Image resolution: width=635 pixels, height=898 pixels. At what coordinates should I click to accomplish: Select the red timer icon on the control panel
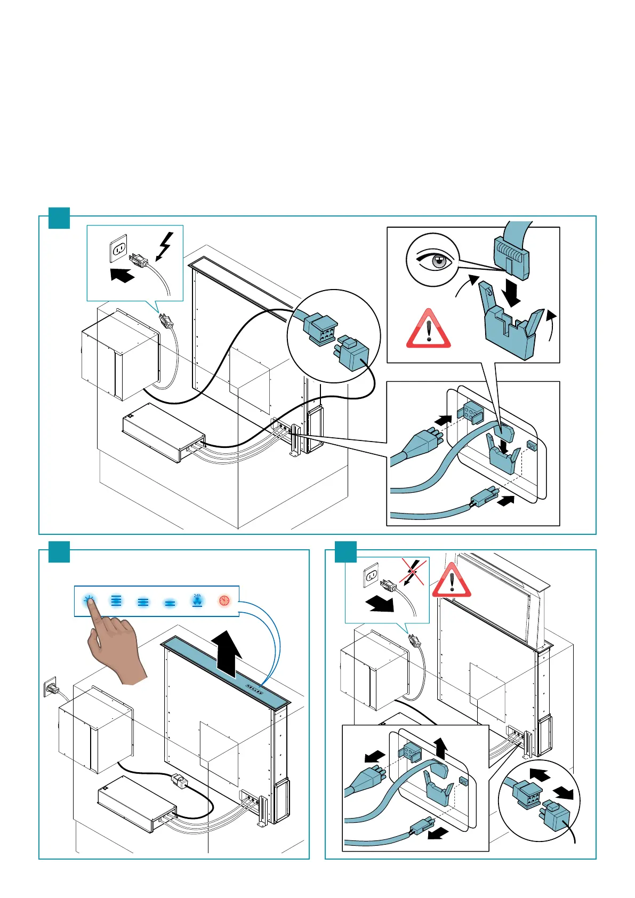click(224, 601)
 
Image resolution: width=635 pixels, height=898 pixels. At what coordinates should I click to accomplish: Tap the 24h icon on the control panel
click(197, 600)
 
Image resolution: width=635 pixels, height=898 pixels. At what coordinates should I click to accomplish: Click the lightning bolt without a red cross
click(165, 246)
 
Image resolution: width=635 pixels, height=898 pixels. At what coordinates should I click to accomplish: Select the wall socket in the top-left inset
click(118, 248)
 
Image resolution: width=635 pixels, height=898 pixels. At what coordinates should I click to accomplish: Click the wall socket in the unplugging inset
click(372, 576)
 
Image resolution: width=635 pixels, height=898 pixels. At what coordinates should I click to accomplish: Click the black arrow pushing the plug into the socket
click(122, 276)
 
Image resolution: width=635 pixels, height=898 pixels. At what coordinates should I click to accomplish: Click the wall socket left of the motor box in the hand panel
click(50, 687)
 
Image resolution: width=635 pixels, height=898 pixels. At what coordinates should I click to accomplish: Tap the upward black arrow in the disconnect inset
click(440, 748)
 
